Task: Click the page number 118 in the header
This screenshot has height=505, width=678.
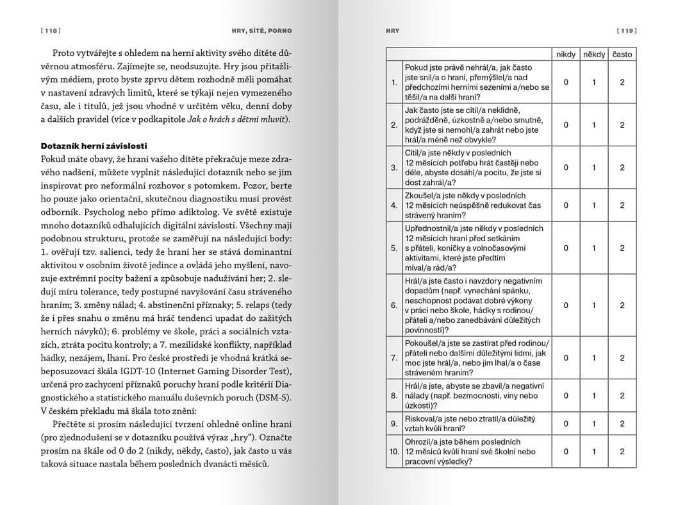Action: click(50, 30)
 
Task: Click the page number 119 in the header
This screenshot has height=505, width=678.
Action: click(626, 30)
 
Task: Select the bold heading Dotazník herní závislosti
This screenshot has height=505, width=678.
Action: click(94, 146)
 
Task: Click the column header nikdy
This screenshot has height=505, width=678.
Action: click(566, 55)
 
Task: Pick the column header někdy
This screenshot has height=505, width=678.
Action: click(594, 55)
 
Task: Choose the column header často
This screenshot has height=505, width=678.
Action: click(622, 55)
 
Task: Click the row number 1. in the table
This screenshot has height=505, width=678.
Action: click(394, 82)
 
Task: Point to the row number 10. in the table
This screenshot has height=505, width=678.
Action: click(394, 451)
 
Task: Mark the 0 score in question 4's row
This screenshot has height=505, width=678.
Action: click(566, 205)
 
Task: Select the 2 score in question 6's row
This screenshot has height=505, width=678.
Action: click(622, 305)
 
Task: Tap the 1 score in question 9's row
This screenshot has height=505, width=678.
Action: click(594, 424)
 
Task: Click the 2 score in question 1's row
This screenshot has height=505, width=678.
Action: click(622, 82)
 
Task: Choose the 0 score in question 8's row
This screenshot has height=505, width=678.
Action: click(566, 395)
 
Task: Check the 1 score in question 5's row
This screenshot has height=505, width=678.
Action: click(594, 248)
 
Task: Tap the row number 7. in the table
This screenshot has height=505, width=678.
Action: click(394, 357)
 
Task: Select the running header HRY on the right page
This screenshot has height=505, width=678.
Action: click(393, 30)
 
